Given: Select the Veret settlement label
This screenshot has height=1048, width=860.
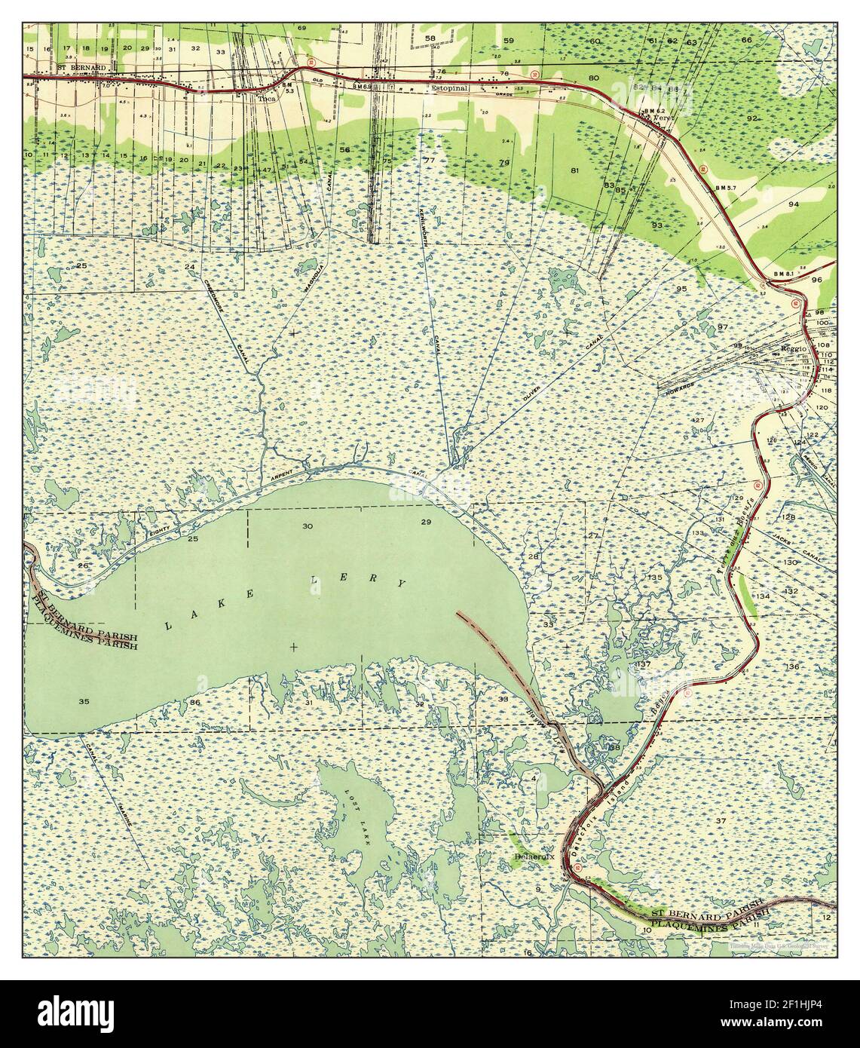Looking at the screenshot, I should tap(663, 118).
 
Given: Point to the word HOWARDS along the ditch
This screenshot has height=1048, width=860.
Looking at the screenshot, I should tap(676, 384).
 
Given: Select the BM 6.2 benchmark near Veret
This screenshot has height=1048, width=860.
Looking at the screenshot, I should tap(650, 111).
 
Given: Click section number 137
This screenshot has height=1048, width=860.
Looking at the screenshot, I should tap(643, 664).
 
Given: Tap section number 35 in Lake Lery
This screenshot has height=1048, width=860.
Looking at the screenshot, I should tap(84, 702).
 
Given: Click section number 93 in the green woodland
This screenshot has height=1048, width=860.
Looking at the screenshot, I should tap(657, 225).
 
